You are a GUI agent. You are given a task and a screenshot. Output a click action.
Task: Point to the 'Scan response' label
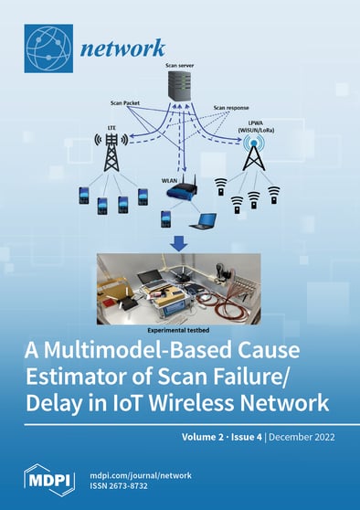coord(230,107)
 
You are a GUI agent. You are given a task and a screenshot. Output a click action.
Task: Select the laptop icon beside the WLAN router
coord(202,220)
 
